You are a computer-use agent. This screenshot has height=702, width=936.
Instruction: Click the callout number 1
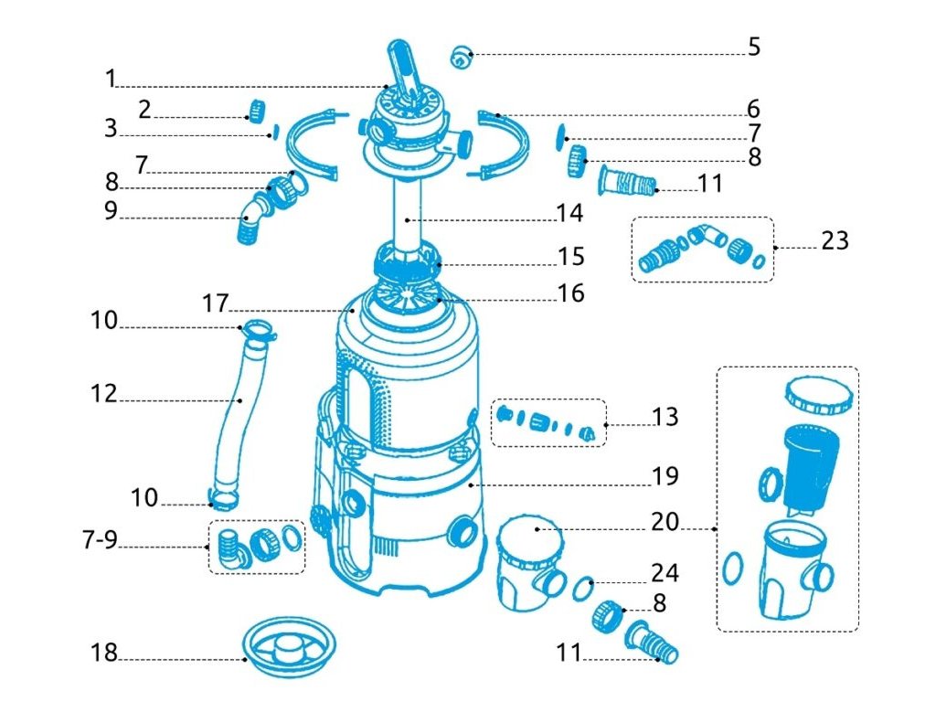click(x=111, y=79)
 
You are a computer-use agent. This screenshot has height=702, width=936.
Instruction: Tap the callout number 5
click(x=753, y=47)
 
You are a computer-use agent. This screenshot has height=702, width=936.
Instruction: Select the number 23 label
click(x=834, y=240)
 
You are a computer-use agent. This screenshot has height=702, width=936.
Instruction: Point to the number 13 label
click(x=665, y=417)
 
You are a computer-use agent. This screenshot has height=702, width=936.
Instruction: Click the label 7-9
click(x=99, y=540)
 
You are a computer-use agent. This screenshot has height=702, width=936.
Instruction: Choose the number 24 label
click(x=665, y=573)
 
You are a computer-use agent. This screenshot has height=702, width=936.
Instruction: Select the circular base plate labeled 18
click(x=291, y=651)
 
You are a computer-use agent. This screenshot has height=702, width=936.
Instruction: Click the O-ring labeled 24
click(x=584, y=587)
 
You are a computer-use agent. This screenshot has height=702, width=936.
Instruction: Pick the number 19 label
click(x=665, y=476)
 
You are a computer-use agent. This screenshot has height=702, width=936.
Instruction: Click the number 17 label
click(x=215, y=303)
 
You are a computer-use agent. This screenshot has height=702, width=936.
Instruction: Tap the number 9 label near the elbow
click(x=111, y=210)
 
